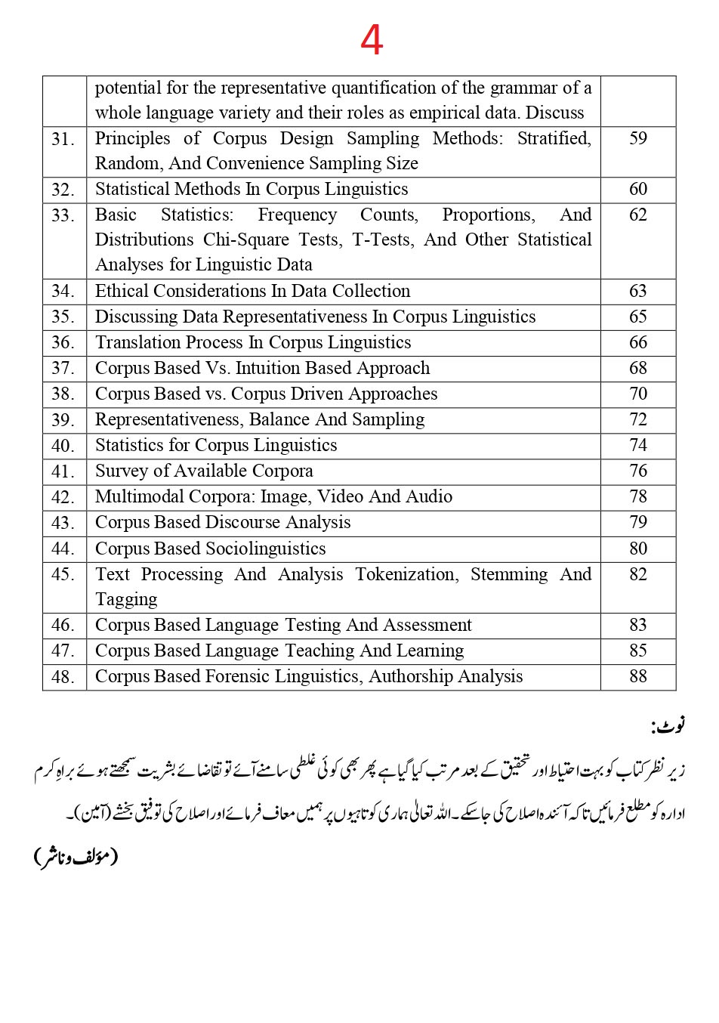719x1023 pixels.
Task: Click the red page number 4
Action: tap(372, 40)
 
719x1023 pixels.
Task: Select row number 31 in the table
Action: tap(63, 139)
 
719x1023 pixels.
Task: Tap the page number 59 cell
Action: tap(638, 138)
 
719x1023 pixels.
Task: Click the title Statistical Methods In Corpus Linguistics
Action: tap(251, 189)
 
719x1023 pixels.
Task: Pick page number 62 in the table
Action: tap(638, 215)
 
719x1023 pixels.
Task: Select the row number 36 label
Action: tap(63, 342)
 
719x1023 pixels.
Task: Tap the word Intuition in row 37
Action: tap(273, 368)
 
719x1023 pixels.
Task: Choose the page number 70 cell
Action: tap(638, 394)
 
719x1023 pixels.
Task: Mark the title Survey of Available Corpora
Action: tap(204, 471)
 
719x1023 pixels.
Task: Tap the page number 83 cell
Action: tap(638, 625)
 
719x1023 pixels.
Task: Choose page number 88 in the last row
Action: tap(638, 676)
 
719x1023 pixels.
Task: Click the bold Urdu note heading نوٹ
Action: tap(668, 727)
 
